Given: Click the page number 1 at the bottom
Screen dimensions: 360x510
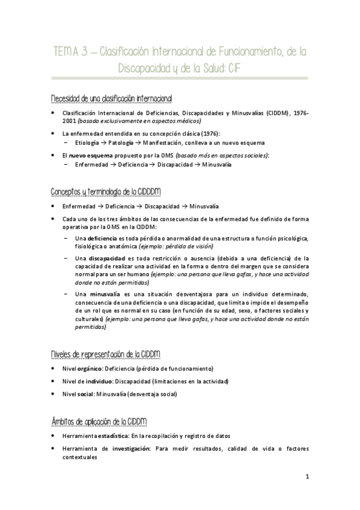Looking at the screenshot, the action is coord(307,478).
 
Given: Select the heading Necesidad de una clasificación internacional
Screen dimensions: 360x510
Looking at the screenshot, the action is coord(111,97).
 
